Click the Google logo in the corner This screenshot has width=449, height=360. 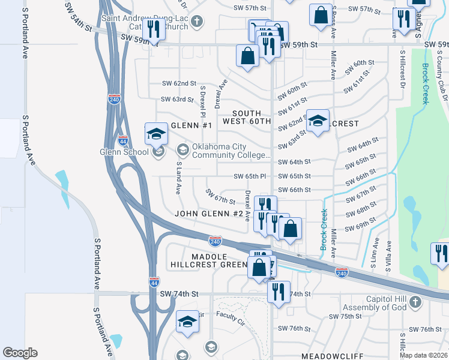click(x=20, y=352)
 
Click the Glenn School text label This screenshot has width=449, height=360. click(x=124, y=152)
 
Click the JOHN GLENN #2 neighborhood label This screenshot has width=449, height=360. click(x=208, y=214)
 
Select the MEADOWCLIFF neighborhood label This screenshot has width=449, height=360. click(x=325, y=356)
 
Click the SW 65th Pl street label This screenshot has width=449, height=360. click(x=250, y=176)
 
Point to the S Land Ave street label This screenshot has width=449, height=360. click(x=178, y=178)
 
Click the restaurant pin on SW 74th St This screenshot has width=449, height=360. click(x=278, y=292)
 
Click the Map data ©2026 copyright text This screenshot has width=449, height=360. click(x=424, y=355)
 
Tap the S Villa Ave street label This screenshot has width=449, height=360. click(x=388, y=255)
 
